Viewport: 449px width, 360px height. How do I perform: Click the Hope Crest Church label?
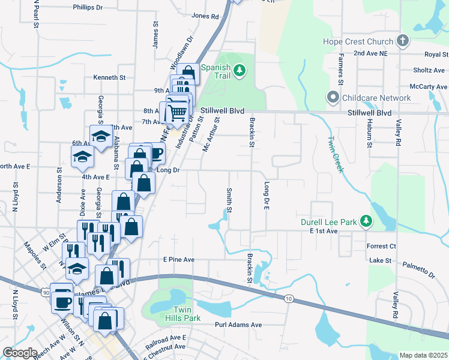pos(358,42)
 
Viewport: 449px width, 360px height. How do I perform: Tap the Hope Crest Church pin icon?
pos(402,41)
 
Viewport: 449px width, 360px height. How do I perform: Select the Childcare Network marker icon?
pos(332,97)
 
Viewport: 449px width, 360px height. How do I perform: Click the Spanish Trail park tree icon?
pos(240,71)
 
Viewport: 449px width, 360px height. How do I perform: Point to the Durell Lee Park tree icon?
pos(365,221)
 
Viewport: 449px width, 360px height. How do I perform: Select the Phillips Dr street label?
pos(88,7)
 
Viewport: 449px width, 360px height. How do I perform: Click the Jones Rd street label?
pos(205,16)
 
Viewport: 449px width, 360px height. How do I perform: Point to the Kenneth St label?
pos(109,77)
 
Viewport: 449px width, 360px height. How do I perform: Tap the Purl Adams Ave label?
pos(239,325)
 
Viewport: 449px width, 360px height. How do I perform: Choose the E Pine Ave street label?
pos(179,259)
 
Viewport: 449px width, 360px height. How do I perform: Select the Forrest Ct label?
pos(381,246)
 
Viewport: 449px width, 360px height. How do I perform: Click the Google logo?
pos(20,353)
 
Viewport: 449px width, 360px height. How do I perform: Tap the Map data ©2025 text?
pos(423,355)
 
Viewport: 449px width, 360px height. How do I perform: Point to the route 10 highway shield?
pos(289,299)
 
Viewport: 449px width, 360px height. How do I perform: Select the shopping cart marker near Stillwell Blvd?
pos(178,112)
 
